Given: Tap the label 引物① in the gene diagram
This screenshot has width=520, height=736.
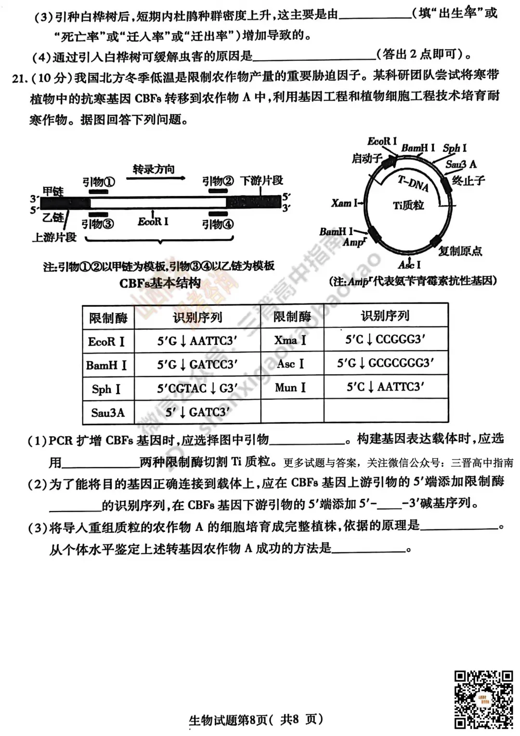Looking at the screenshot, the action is click(98, 182).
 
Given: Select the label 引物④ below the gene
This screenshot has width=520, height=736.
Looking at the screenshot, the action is click(218, 224).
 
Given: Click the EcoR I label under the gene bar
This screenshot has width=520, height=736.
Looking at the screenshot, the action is click(153, 222).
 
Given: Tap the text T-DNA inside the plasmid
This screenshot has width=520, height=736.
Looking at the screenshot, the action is click(413, 183).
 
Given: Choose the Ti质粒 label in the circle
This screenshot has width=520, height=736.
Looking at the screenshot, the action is click(408, 205).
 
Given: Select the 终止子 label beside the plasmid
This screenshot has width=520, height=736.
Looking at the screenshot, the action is click(468, 181).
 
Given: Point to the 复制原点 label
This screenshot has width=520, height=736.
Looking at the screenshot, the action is click(460, 250).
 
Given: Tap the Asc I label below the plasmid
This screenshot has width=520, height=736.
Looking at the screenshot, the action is click(409, 264).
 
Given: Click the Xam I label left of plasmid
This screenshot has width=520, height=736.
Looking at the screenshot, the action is click(344, 203).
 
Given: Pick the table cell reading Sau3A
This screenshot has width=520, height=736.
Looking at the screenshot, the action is click(108, 412).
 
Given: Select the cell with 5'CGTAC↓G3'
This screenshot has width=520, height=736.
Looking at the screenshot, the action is click(197, 388).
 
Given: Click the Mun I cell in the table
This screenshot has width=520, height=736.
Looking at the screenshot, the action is click(290, 387).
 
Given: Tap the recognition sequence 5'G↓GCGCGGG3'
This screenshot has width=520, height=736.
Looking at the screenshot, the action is click(385, 363).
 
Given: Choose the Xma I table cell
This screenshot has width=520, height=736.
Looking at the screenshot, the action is click(290, 340).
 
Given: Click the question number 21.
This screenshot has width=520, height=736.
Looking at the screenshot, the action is click(18, 78).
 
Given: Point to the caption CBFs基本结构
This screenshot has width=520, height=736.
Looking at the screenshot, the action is click(160, 283).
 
